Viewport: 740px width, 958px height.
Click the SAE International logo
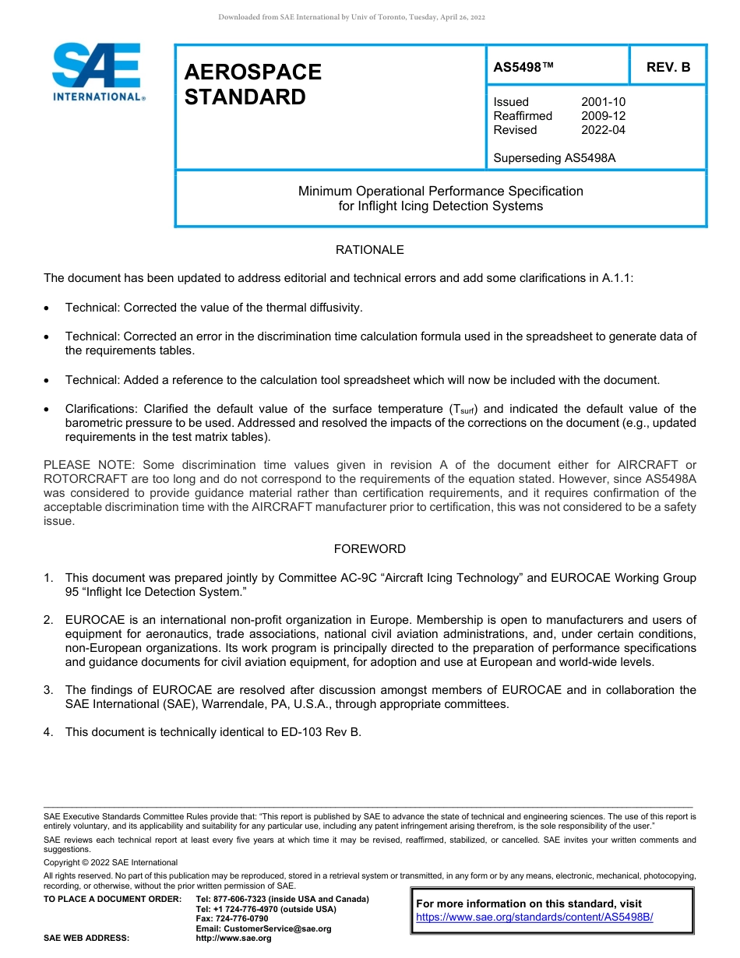click(x=97, y=72)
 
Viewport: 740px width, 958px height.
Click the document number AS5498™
click(x=523, y=67)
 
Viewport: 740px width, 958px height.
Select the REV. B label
click(x=668, y=67)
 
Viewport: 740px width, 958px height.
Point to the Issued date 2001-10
click(x=603, y=102)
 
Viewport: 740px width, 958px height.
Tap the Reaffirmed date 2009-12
click(x=603, y=116)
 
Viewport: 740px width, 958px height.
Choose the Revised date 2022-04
click(x=603, y=130)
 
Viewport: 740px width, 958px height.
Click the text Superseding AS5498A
click(x=555, y=158)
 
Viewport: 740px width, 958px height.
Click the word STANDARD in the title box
click(x=245, y=97)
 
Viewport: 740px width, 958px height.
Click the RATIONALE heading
click(x=369, y=250)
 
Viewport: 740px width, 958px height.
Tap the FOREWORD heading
click(x=369, y=549)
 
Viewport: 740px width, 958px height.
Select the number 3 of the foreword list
click(x=48, y=690)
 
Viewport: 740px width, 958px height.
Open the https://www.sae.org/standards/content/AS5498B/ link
click(x=534, y=917)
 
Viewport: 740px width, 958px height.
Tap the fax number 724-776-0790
click(x=241, y=919)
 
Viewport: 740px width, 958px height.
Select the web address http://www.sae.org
click(x=234, y=939)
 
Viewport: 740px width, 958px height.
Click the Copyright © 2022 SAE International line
click(x=111, y=862)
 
